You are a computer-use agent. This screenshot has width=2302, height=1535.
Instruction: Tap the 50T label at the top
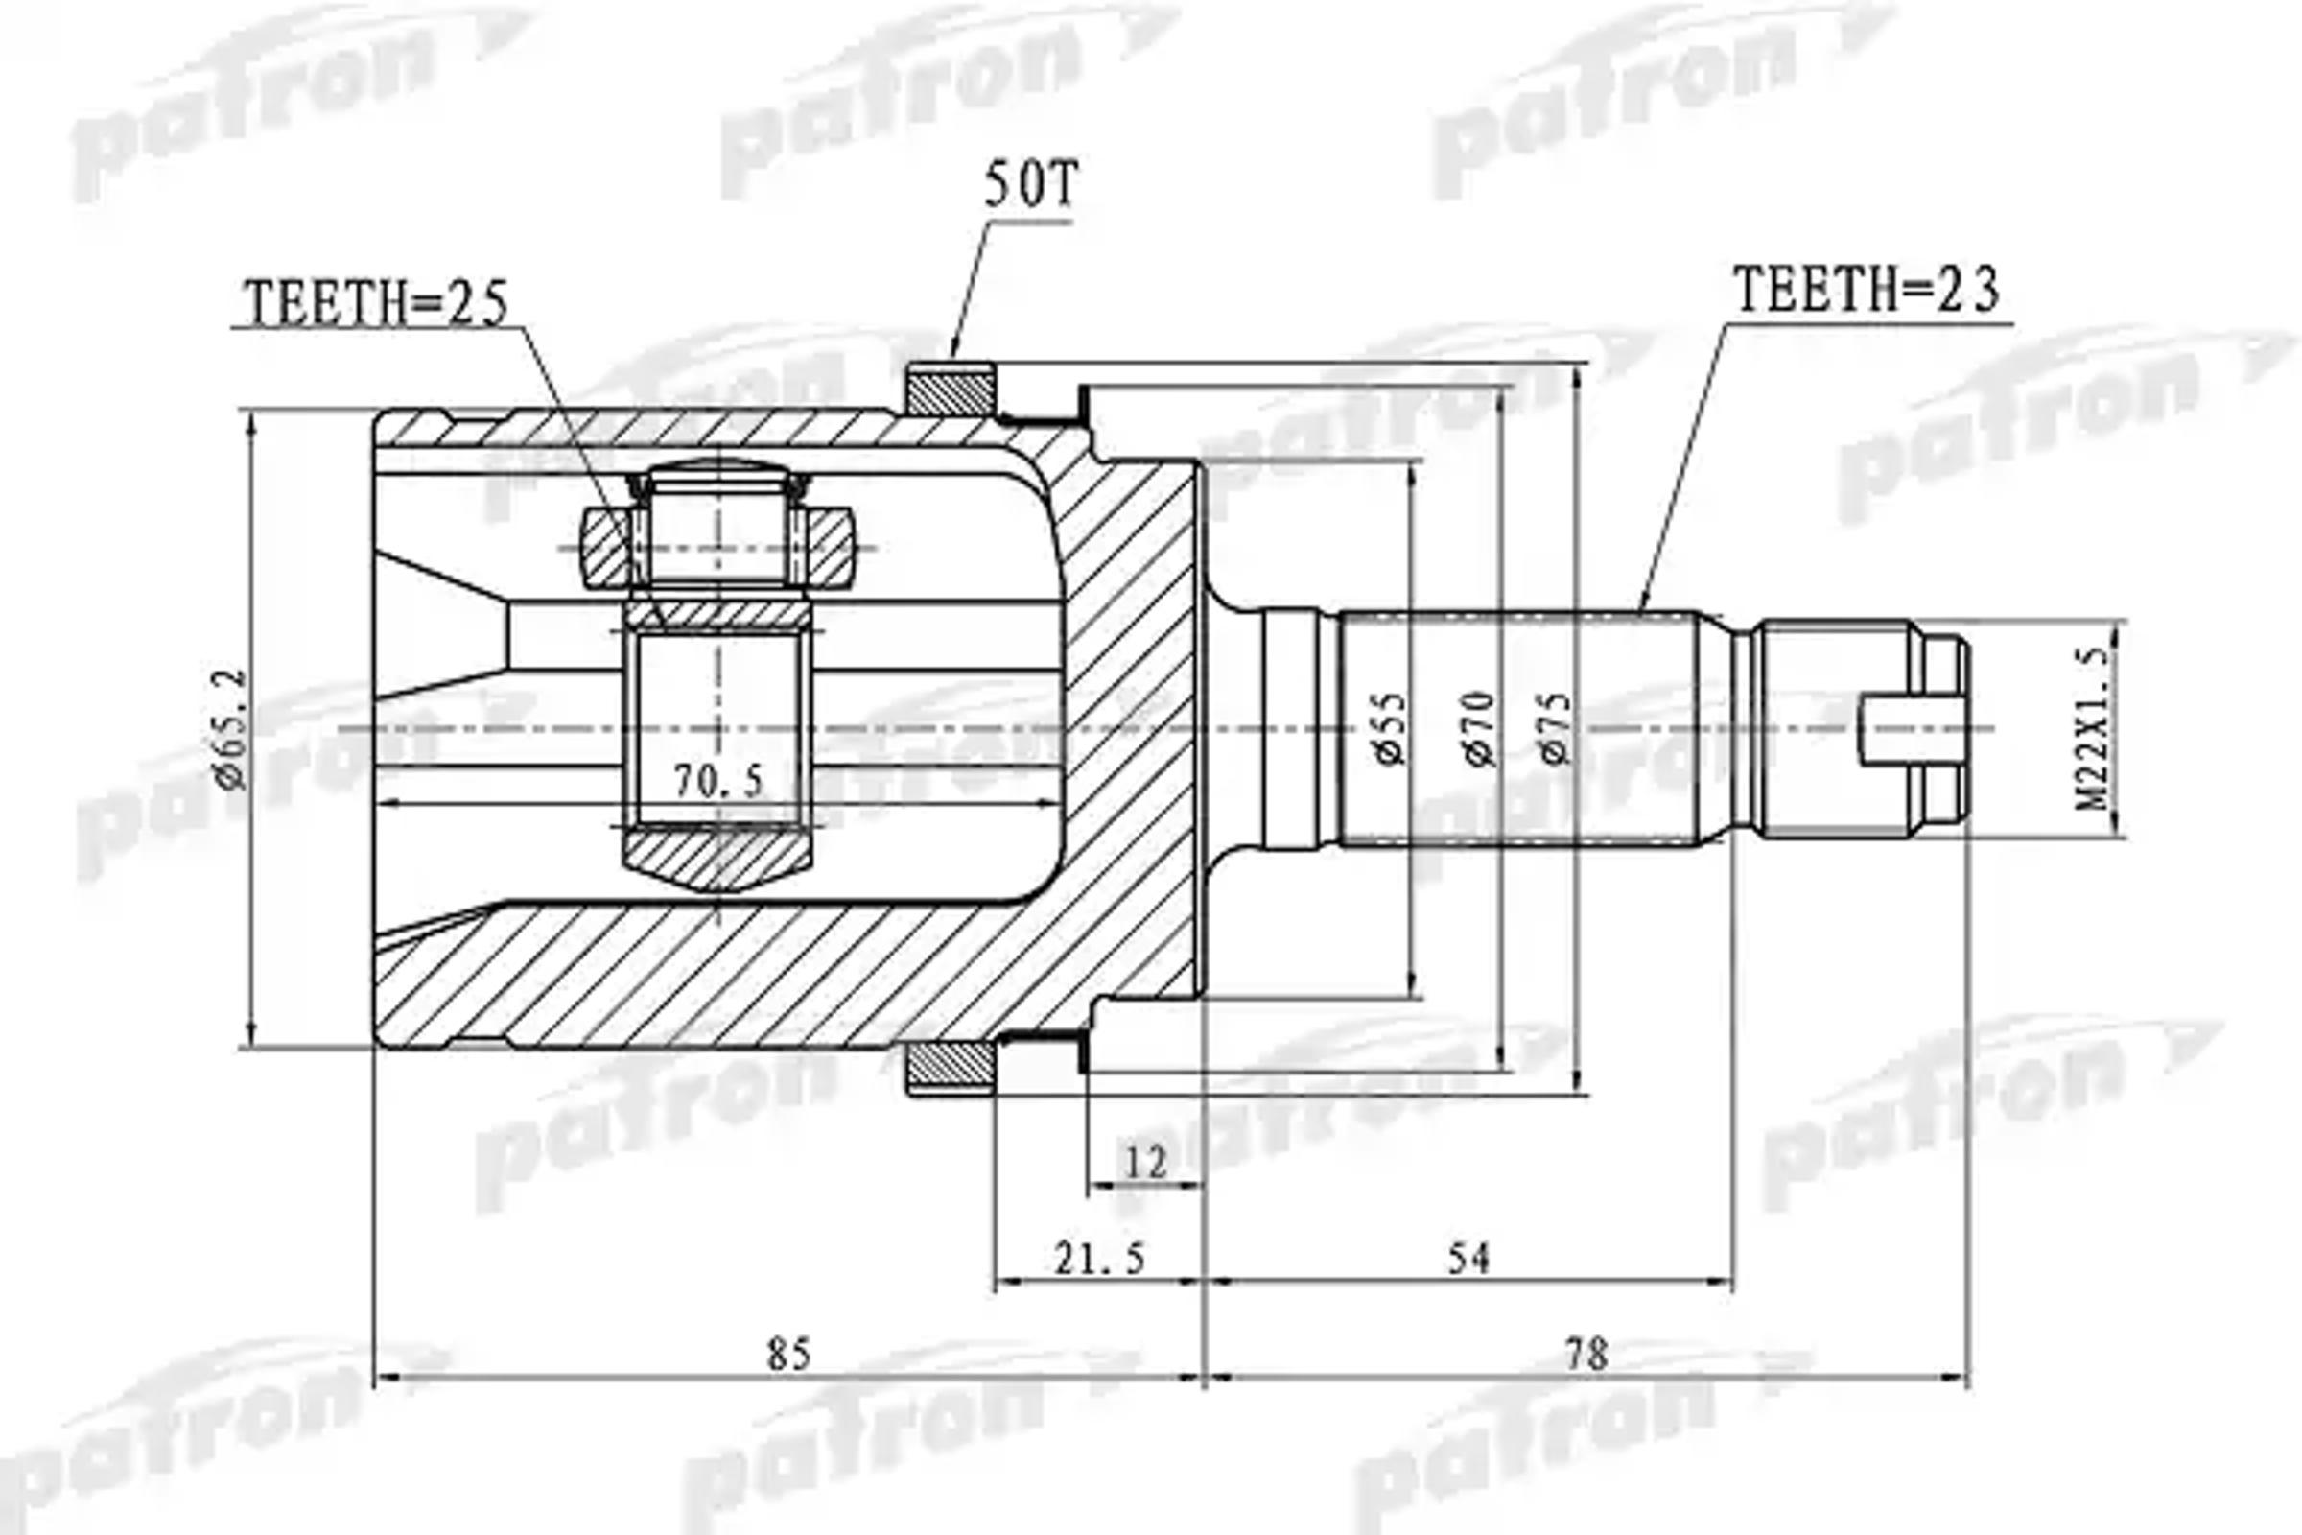(1029, 186)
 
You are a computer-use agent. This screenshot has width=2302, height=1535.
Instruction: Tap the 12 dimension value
(1146, 1163)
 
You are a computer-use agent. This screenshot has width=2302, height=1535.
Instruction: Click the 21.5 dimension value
(1099, 1258)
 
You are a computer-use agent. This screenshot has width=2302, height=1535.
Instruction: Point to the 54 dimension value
(1468, 1258)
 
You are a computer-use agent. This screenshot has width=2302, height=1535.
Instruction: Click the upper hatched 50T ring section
(951, 390)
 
